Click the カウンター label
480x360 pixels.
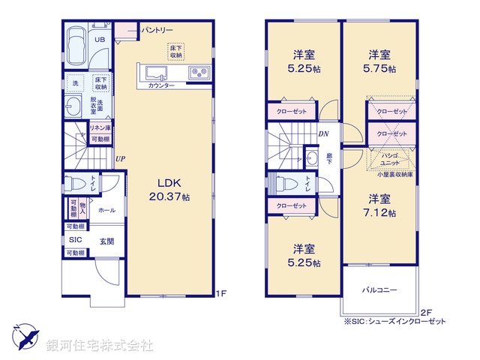(x=161, y=86)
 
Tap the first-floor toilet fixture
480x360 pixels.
(x=71, y=184)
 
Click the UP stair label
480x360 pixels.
(x=120, y=158)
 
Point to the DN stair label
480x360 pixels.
(x=323, y=134)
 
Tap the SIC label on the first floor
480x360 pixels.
(x=75, y=239)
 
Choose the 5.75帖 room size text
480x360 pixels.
(x=379, y=68)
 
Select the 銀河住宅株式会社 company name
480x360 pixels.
(x=100, y=346)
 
